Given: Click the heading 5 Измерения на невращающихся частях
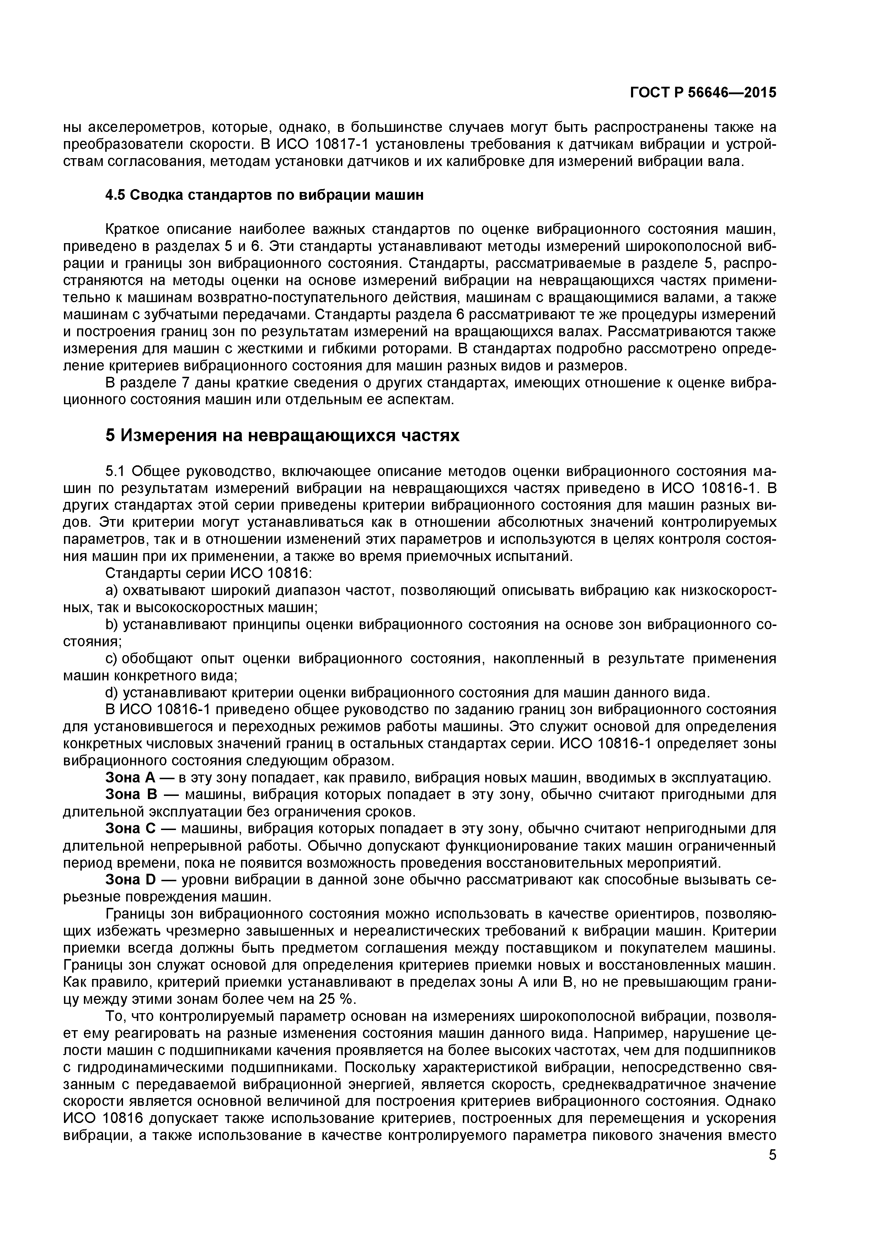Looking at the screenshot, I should (x=282, y=435).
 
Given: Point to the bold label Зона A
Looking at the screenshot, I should (x=130, y=778).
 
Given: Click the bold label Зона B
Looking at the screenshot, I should (x=130, y=794).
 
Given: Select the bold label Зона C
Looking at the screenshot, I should (x=130, y=829).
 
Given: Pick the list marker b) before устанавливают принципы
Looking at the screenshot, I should (x=112, y=625).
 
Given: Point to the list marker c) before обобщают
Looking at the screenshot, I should (x=111, y=659).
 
